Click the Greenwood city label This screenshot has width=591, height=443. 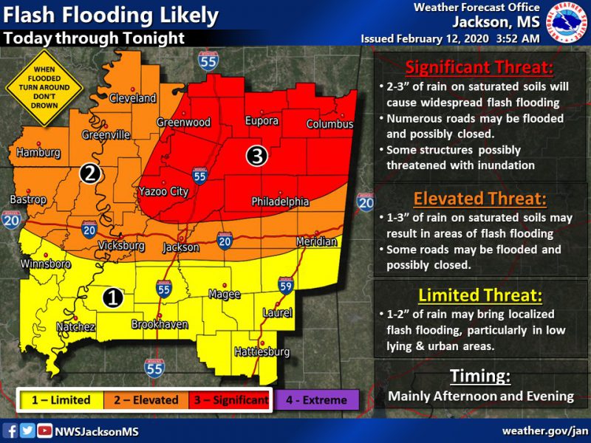coord(183,122)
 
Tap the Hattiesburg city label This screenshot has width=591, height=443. coord(259,352)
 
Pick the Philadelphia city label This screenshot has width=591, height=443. coord(280,201)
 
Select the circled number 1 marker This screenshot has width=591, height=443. coord(112,298)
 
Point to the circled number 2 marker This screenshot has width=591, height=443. coord(90,174)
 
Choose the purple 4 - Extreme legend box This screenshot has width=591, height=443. coord(318,400)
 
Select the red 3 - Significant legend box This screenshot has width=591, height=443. coord(231,400)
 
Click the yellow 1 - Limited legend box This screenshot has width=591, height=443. coord(60,400)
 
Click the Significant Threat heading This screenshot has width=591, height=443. coord(479,67)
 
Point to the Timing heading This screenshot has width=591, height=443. coord(480,377)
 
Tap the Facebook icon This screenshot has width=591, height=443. coord(10,430)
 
